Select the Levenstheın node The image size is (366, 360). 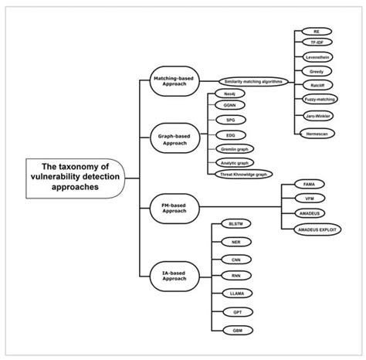[x=317, y=59]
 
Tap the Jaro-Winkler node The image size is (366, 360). [x=317, y=115]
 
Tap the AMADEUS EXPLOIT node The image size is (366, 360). [x=322, y=229]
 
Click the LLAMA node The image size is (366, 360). [x=232, y=294]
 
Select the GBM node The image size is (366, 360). [x=232, y=330]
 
